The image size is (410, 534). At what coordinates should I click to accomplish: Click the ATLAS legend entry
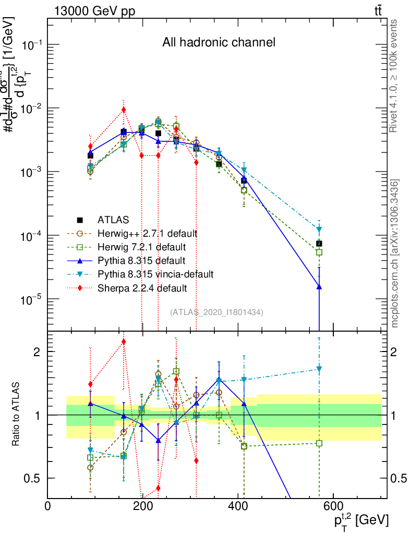pyautogui.click(x=113, y=220)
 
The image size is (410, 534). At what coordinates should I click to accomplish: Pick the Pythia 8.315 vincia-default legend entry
pyautogui.click(x=155, y=274)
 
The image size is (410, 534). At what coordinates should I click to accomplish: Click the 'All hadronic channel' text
pyautogui.click(x=219, y=42)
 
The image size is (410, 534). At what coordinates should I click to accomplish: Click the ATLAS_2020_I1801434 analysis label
pyautogui.click(x=216, y=312)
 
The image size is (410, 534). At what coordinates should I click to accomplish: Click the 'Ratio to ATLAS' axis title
pyautogui.click(x=17, y=415)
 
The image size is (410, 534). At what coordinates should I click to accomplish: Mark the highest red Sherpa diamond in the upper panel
pyautogui.click(x=124, y=110)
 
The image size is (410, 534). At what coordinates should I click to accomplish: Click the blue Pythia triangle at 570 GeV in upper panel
pyautogui.click(x=319, y=286)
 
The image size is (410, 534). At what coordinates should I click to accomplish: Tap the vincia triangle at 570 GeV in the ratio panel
pyautogui.click(x=319, y=369)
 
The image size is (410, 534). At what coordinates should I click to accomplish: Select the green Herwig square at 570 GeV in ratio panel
pyautogui.click(x=319, y=443)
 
